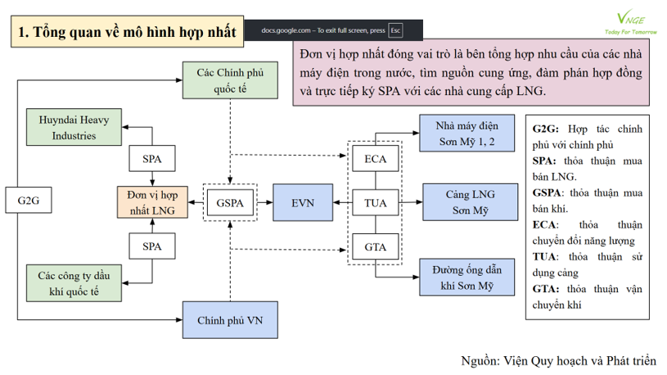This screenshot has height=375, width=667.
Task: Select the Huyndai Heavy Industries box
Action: point(74,127)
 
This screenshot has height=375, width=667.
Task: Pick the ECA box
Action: point(376,157)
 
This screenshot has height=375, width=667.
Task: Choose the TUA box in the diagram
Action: point(376,201)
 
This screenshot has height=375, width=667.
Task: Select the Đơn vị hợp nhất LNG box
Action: point(151,201)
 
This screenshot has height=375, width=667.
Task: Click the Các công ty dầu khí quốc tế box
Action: point(74,281)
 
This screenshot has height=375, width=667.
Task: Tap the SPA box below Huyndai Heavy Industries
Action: point(151,157)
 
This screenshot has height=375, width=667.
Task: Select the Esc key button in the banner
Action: point(396,30)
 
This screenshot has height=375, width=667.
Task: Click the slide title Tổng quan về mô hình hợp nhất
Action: point(127,32)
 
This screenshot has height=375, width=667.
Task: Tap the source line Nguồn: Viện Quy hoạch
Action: point(559,360)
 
